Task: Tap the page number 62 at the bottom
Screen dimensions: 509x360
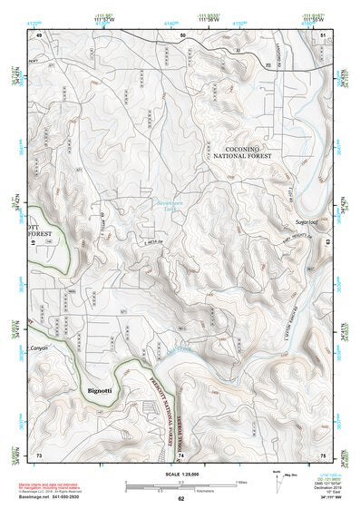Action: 181,499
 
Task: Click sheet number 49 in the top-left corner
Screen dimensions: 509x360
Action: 39,34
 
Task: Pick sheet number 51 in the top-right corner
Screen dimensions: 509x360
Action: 323,34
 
